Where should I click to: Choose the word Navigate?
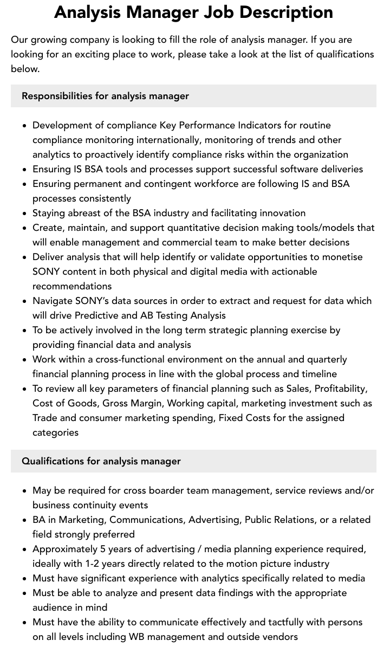[53, 301]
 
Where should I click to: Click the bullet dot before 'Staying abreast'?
[25, 213]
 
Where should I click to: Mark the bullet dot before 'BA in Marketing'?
[25, 520]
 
